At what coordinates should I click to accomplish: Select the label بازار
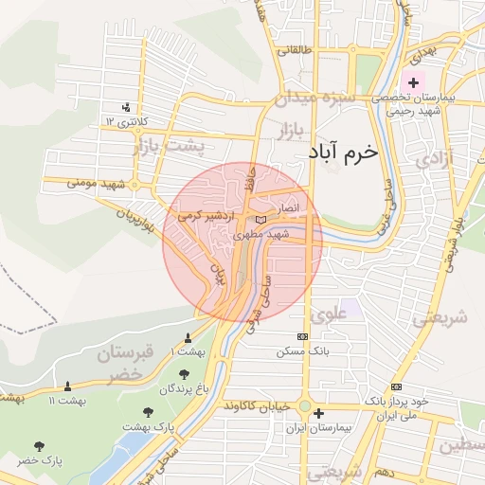[296, 128]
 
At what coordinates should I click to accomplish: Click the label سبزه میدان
[315, 97]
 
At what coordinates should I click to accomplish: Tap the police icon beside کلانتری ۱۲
[127, 107]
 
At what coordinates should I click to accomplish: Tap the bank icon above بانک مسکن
[302, 336]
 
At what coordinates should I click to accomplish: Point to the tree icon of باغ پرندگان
[183, 371]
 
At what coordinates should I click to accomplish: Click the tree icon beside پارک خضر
[39, 445]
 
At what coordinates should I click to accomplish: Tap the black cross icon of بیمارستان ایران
[318, 413]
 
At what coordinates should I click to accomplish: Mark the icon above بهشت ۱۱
[67, 386]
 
